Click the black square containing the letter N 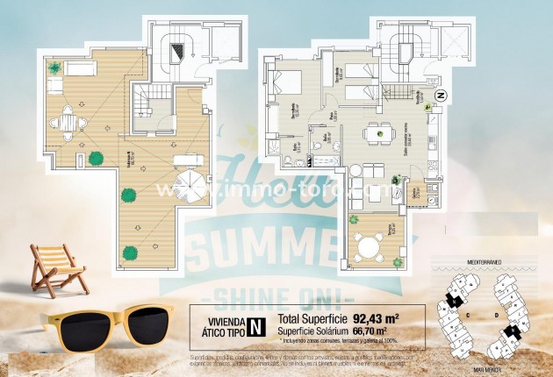pos(256,327)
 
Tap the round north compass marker pos(442,95)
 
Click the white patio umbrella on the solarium pos(190,185)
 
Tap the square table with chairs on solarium pos(67,122)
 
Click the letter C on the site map pos(470,312)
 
